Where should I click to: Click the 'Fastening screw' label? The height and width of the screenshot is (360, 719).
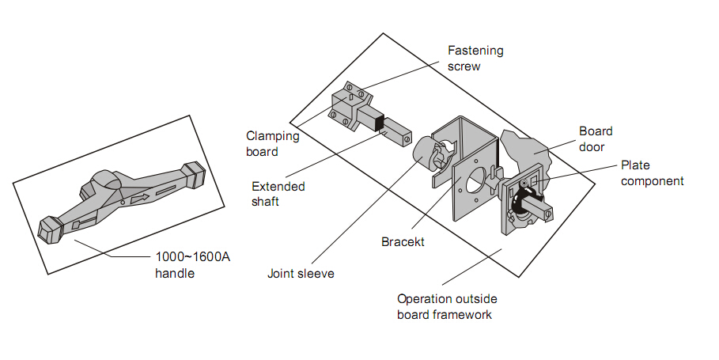click(x=475, y=59)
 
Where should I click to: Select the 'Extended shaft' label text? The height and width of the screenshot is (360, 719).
click(x=278, y=194)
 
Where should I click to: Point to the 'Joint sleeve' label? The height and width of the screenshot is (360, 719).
click(x=301, y=274)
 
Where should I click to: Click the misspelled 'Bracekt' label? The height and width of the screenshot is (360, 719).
click(x=403, y=242)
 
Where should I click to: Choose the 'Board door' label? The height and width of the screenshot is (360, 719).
click(x=596, y=138)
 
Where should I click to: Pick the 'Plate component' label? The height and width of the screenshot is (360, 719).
click(x=652, y=173)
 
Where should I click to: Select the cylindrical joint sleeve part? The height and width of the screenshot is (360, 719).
click(x=430, y=154)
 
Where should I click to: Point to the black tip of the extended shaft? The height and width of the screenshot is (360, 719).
click(x=379, y=123)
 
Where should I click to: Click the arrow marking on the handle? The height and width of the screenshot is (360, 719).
click(x=139, y=199)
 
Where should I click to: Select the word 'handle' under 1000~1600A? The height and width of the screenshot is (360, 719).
click(x=174, y=273)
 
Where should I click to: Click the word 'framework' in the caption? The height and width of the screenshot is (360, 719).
click(x=457, y=314)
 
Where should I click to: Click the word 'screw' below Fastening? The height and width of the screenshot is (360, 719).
click(x=464, y=66)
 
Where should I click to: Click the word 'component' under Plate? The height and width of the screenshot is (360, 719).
click(x=652, y=180)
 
